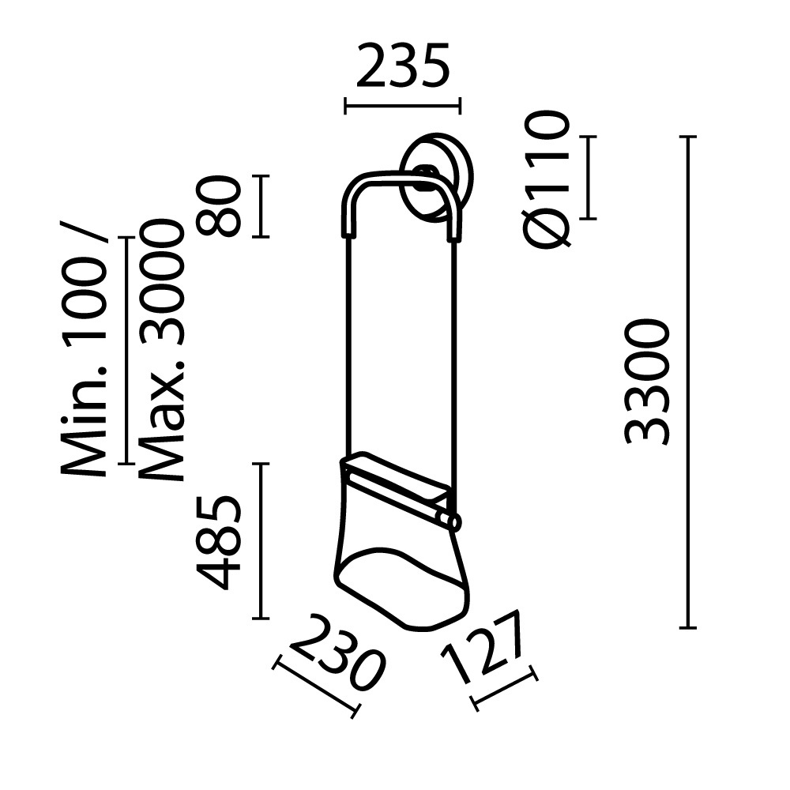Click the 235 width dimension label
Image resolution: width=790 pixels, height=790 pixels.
point(402,66)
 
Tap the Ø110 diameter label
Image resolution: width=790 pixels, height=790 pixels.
point(546,179)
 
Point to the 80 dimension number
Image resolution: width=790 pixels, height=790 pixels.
point(219,206)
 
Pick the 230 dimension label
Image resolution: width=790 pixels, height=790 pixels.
point(336,652)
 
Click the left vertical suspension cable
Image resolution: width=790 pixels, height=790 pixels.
point(346,348)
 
